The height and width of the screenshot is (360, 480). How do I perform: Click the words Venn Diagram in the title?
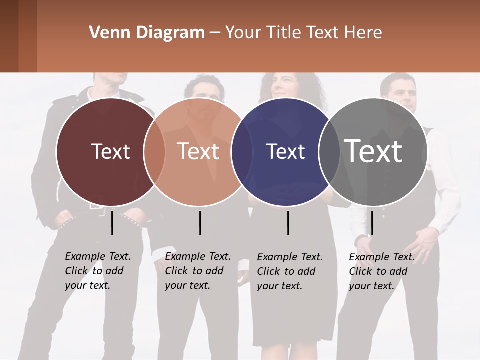click(x=147, y=33)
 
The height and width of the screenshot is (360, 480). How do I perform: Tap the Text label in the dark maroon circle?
click(x=110, y=151)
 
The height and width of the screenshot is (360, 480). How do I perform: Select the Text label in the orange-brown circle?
click(x=198, y=151)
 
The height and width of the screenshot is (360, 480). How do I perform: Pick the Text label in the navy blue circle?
click(x=285, y=151)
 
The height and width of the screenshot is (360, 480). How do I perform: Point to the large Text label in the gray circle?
click(x=373, y=151)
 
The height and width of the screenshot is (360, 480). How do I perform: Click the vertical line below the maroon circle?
click(x=112, y=223)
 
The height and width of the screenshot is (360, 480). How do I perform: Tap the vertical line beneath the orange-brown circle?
click(x=200, y=223)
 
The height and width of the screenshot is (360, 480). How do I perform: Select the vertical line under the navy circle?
click(x=288, y=223)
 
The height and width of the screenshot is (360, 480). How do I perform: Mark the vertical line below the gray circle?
click(x=372, y=223)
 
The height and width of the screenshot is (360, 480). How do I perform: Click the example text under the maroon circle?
click(x=98, y=271)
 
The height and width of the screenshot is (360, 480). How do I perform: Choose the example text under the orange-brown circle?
click(x=198, y=271)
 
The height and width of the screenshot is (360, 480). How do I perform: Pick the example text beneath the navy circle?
click(x=290, y=271)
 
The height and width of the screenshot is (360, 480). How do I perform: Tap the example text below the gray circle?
click(x=382, y=271)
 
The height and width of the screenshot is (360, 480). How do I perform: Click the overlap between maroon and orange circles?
click(x=154, y=152)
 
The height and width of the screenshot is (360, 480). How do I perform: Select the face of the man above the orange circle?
click(x=205, y=95)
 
